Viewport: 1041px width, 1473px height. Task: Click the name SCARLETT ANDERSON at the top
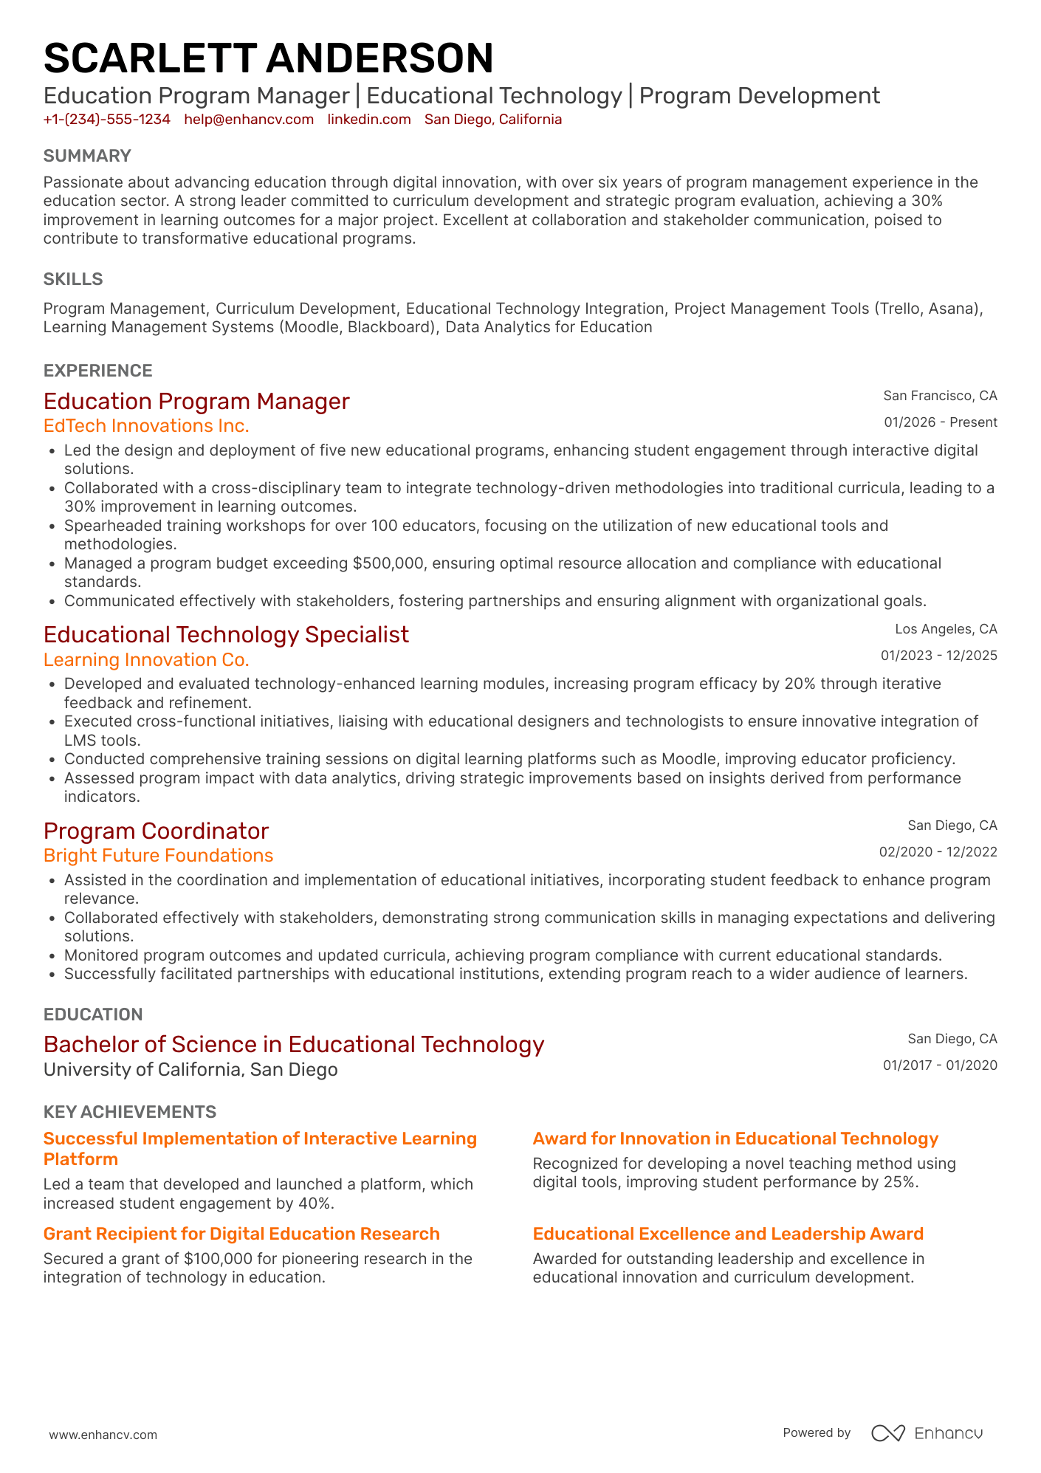[x=268, y=58]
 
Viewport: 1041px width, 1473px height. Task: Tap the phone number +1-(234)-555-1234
[x=107, y=120]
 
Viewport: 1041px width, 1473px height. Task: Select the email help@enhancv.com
[x=249, y=120]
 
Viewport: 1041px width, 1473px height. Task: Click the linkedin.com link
[x=369, y=120]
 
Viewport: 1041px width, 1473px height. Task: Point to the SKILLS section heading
[x=73, y=279]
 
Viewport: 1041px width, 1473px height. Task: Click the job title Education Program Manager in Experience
[x=196, y=401]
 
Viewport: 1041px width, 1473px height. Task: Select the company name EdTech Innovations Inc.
[x=146, y=426]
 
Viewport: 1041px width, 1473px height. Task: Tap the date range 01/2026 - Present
[x=940, y=422]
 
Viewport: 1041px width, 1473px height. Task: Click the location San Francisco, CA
[x=940, y=396]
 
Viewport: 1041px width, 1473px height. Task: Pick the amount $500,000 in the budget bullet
[x=388, y=563]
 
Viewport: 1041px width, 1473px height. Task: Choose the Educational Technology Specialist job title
[x=226, y=634]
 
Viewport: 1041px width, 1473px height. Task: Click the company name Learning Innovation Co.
[x=146, y=659]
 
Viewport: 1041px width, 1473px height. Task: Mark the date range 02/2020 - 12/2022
[x=938, y=852]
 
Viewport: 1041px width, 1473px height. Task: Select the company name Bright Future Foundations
[x=158, y=856]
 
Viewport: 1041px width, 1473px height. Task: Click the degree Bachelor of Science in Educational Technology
[x=294, y=1044]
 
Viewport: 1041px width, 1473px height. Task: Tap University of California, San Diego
[x=190, y=1070]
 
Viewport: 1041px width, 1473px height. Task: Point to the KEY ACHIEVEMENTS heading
[x=130, y=1112]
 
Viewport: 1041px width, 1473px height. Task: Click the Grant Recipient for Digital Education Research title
[x=241, y=1234]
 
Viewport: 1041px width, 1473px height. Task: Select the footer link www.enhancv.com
[x=103, y=1435]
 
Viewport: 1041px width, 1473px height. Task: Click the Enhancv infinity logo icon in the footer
[x=887, y=1433]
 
